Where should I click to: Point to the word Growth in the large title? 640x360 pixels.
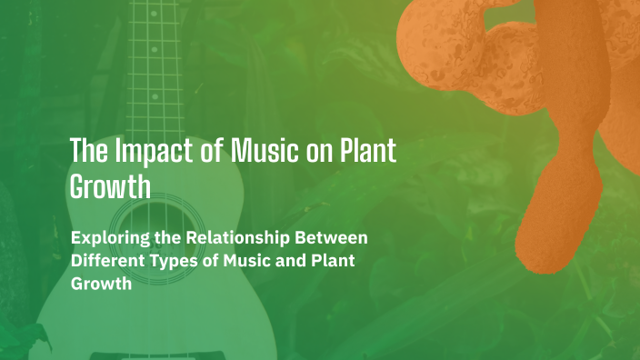(110, 188)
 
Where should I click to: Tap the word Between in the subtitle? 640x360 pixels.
(334, 238)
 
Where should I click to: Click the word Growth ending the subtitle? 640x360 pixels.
(101, 283)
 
